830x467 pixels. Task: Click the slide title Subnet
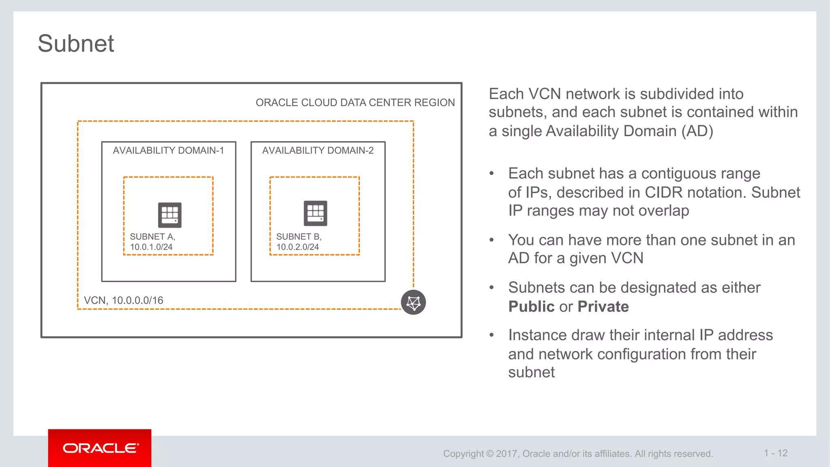pyautogui.click(x=76, y=43)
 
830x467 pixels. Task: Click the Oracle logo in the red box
pyautogui.click(x=100, y=448)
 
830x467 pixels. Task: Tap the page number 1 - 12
pyautogui.click(x=775, y=453)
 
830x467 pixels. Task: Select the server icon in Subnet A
pyautogui.click(x=169, y=215)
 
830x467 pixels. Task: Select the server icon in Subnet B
pyautogui.click(x=315, y=213)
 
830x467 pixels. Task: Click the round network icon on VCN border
pyautogui.click(x=413, y=302)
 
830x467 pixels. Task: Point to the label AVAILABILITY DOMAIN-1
pyautogui.click(x=168, y=150)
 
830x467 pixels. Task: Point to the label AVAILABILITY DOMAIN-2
pyautogui.click(x=318, y=150)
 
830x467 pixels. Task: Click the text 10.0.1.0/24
pyautogui.click(x=151, y=247)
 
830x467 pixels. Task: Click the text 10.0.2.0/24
pyautogui.click(x=297, y=247)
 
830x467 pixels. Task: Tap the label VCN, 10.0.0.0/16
pyautogui.click(x=123, y=300)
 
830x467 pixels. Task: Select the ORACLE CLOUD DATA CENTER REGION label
pyautogui.click(x=355, y=103)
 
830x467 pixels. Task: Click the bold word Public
pyautogui.click(x=531, y=306)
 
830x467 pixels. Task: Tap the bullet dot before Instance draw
pyautogui.click(x=492, y=335)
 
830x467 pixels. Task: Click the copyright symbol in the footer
pyautogui.click(x=490, y=454)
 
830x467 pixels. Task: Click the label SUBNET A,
pyautogui.click(x=152, y=236)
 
